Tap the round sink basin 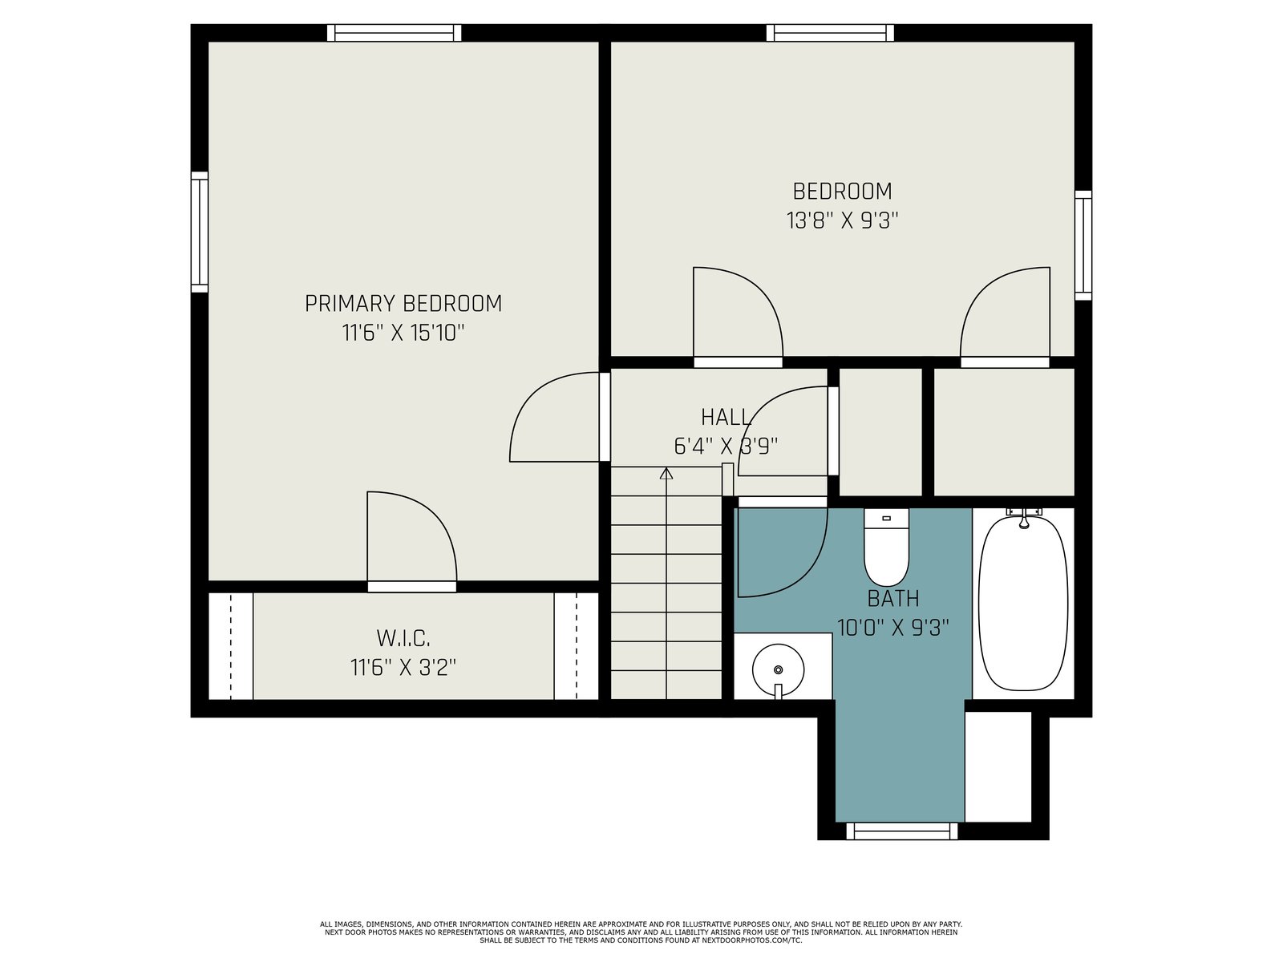[778, 670]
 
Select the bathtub [1023, 604]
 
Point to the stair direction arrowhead [666, 473]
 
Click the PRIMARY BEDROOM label [403, 304]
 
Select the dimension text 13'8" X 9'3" [842, 220]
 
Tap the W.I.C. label [403, 638]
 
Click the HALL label [726, 417]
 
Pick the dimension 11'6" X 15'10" [403, 333]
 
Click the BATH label [893, 599]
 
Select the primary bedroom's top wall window [394, 33]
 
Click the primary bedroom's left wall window [200, 232]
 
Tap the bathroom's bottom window [902, 831]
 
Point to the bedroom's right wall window [1083, 245]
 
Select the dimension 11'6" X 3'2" [403, 668]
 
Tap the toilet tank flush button [886, 518]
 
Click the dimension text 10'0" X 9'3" [893, 628]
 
